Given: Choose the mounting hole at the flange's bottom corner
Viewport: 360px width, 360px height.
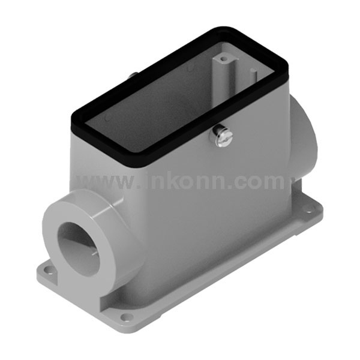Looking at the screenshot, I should coord(124,317).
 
